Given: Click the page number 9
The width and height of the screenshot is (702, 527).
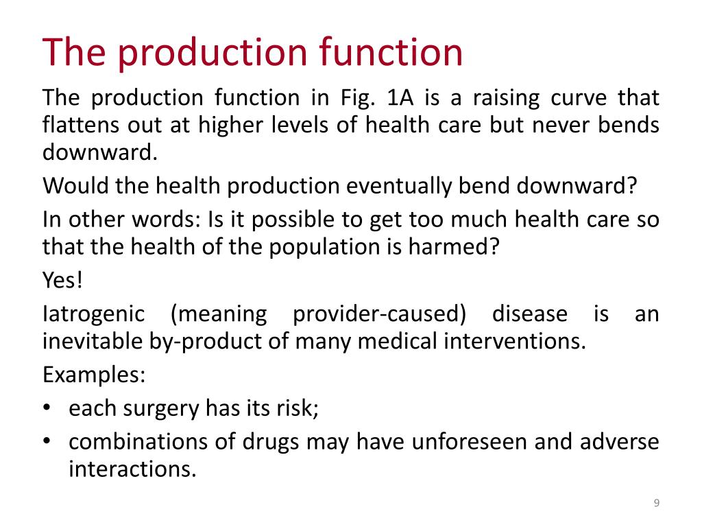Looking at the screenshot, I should (656, 504).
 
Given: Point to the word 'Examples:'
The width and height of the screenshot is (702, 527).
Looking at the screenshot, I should (94, 375).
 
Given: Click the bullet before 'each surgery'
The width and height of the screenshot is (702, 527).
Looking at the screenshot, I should (47, 408).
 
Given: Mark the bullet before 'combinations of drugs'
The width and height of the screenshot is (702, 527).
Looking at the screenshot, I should (47, 442).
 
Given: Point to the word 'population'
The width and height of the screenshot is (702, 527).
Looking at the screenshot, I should (312, 246).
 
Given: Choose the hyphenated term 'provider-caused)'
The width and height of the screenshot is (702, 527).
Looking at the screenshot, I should (379, 314).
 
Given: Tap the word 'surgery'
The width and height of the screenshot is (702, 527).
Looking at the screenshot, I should (160, 408).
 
